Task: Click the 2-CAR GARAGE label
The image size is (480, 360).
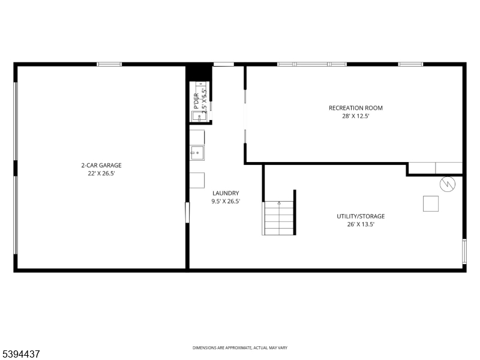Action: [x=97, y=165]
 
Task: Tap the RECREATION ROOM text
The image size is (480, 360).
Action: [x=355, y=108]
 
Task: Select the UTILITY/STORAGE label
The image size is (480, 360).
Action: [x=361, y=216]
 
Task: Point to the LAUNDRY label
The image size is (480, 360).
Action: [x=226, y=193]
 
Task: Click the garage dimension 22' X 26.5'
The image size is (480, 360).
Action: [x=97, y=173]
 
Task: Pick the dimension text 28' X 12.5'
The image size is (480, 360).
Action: [x=355, y=116]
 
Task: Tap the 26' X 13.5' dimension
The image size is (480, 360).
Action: [x=361, y=224]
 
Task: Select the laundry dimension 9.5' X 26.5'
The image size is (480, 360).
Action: [x=226, y=202]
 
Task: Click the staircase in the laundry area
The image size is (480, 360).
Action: [x=279, y=218]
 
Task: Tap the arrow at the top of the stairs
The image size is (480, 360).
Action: [x=279, y=203]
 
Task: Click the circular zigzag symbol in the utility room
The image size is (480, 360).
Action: [x=447, y=184]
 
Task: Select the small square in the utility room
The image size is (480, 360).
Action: [x=431, y=203]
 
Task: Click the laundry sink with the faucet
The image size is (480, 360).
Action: [x=197, y=153]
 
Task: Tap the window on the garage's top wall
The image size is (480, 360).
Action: [x=109, y=64]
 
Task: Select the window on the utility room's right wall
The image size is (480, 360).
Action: [x=464, y=251]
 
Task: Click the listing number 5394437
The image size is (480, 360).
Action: [x=22, y=355]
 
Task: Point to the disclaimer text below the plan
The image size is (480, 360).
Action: [x=239, y=348]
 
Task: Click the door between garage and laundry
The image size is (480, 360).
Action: [x=187, y=212]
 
